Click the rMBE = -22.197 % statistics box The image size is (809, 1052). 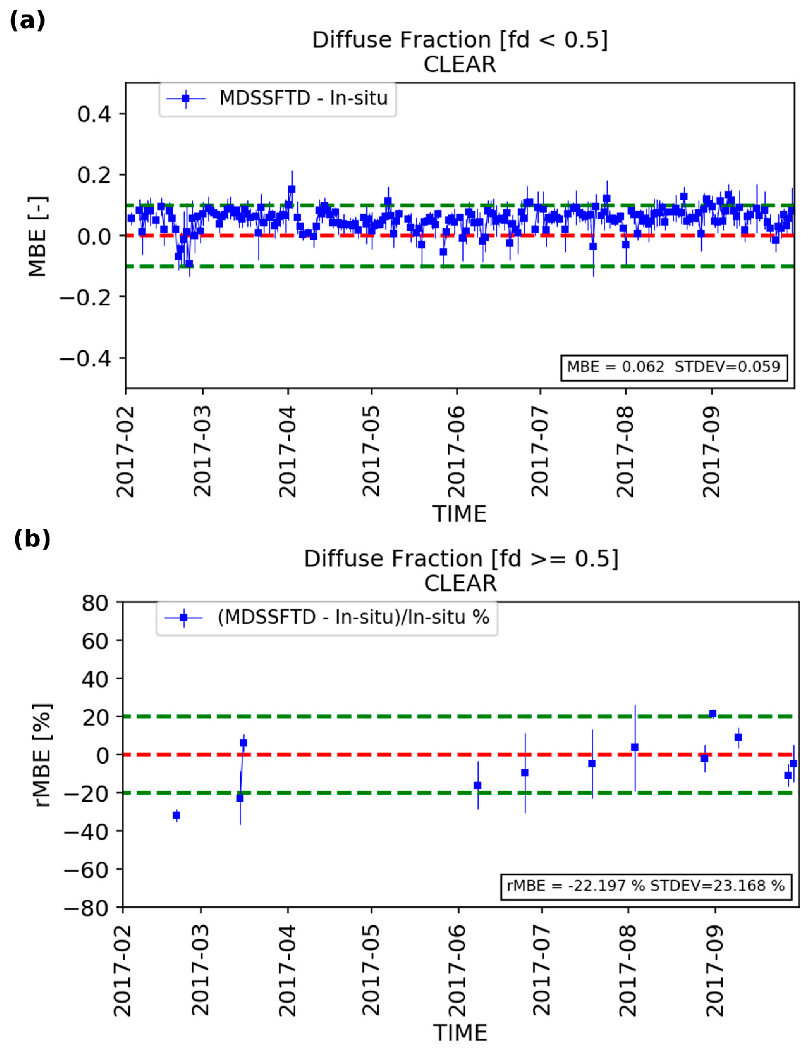pyautogui.click(x=646, y=885)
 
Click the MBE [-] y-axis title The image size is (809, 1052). pyautogui.click(x=38, y=236)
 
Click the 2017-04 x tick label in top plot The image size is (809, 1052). pyautogui.click(x=288, y=451)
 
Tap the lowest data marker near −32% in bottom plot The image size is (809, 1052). pyautogui.click(x=176, y=815)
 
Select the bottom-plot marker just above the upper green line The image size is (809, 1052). pyautogui.click(x=713, y=714)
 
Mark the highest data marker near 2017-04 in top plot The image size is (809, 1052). pyautogui.click(x=291, y=189)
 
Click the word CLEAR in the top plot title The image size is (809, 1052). pyautogui.click(x=459, y=64)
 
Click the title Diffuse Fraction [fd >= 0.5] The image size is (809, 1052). pyautogui.click(x=461, y=559)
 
